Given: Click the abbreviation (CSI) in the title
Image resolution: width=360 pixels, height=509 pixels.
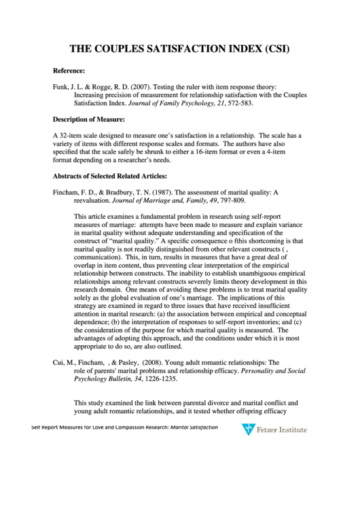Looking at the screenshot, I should coord(278,49).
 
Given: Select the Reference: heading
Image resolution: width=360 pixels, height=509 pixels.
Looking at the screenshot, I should coord(69,71).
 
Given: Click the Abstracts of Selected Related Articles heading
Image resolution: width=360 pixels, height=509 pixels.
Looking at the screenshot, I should coord(109,176).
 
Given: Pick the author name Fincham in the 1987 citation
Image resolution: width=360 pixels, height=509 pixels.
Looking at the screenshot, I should coord(66,192).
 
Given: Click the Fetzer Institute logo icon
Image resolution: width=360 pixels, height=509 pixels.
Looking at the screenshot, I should coord(249,429).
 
